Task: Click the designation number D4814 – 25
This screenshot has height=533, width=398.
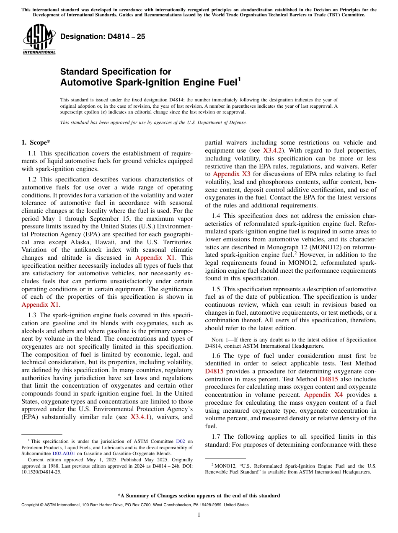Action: (x=103, y=36)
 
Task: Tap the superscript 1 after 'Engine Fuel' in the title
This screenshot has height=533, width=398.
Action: (x=239, y=79)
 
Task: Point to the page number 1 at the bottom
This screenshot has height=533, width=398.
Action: (x=199, y=515)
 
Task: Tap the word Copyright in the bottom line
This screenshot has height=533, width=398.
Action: (x=31, y=505)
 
